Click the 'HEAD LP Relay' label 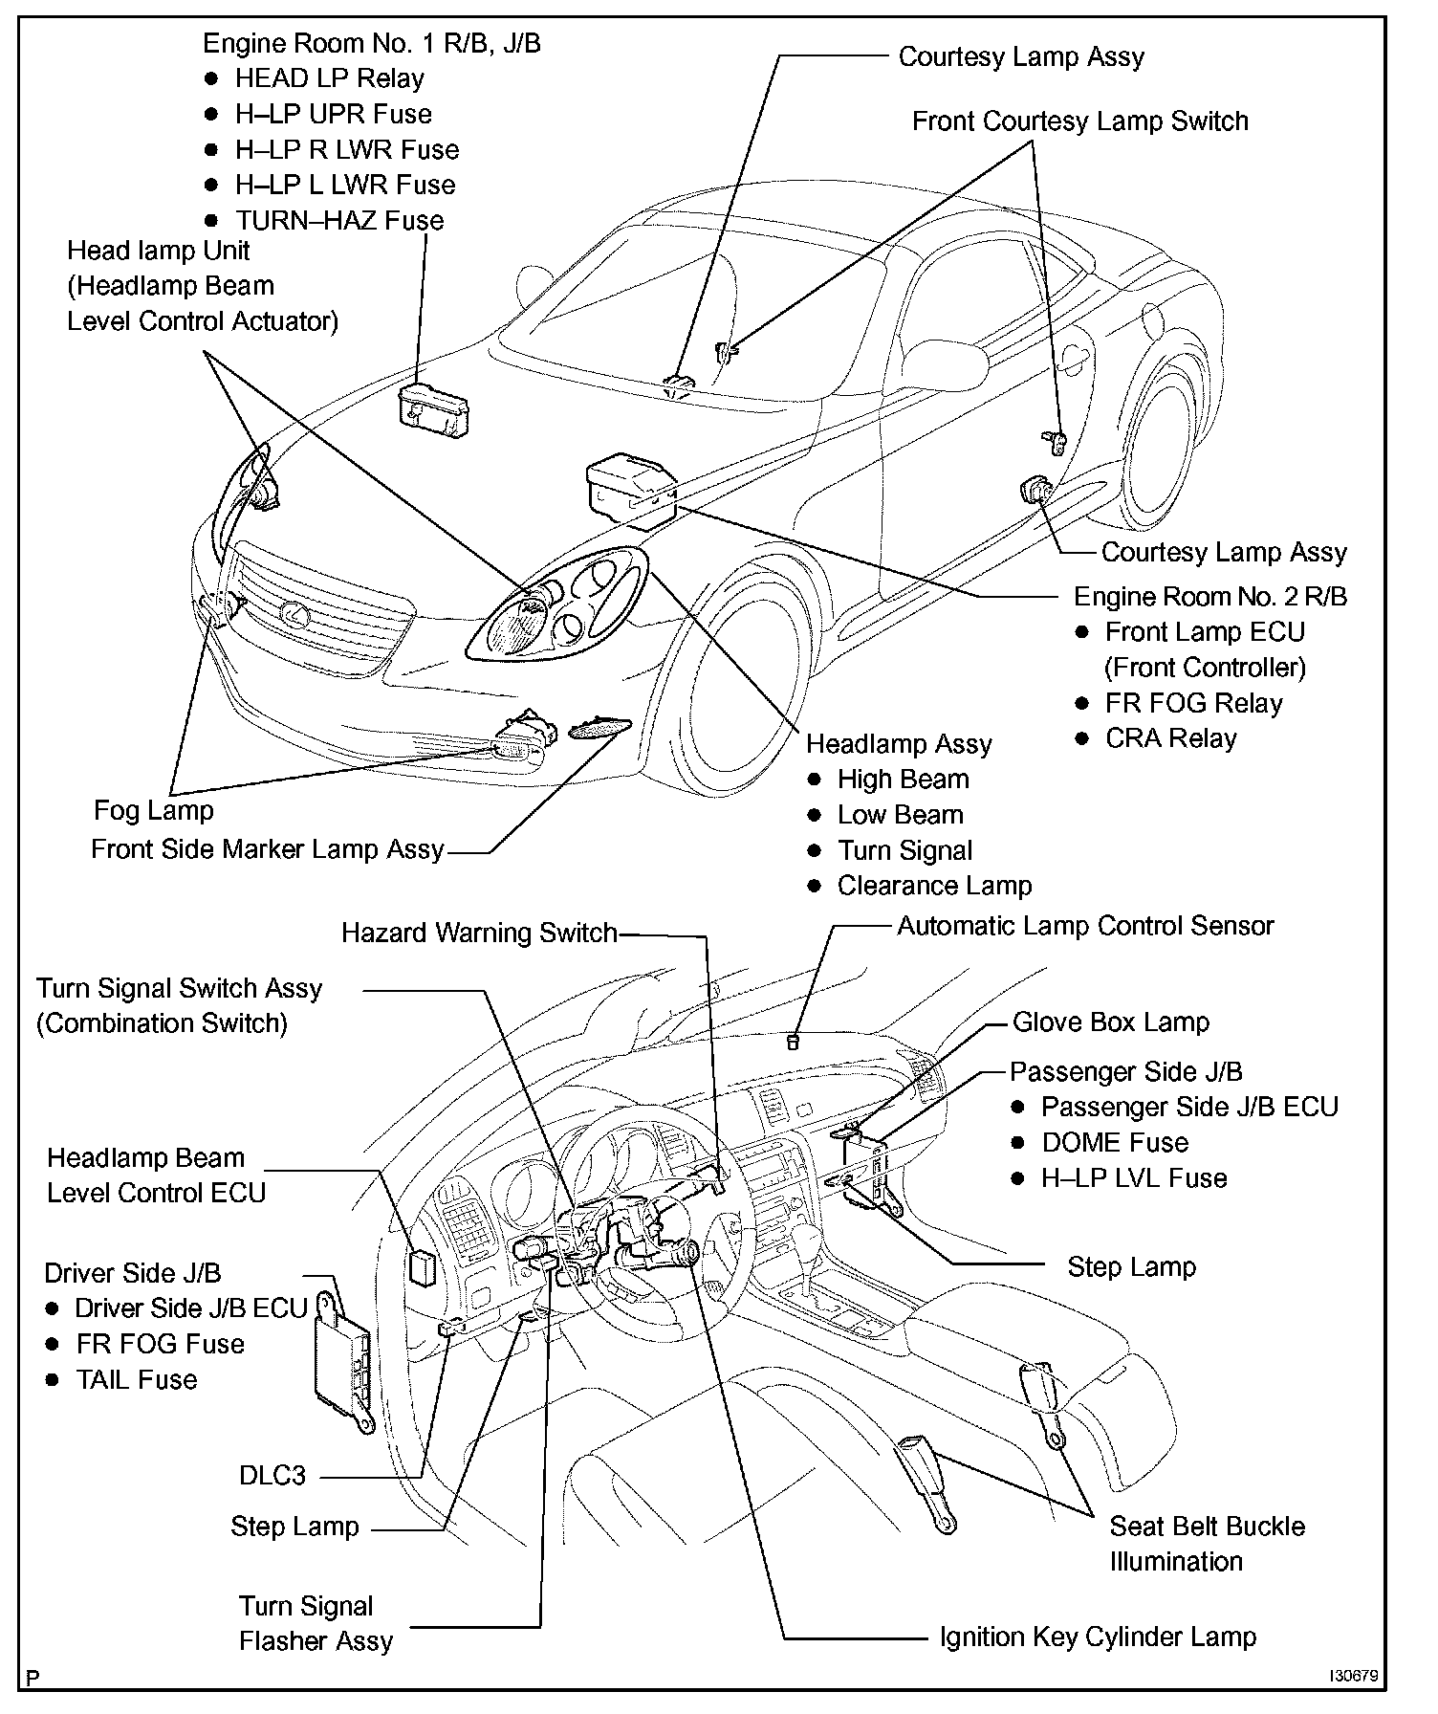tap(329, 78)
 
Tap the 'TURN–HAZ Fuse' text tap(339, 220)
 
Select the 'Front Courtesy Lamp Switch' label tap(1079, 121)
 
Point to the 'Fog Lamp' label tap(154, 810)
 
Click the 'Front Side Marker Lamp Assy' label tap(268, 849)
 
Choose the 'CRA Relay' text tap(1170, 738)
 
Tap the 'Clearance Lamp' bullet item tap(934, 886)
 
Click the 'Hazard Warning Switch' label tap(479, 933)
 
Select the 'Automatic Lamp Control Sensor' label tap(1085, 926)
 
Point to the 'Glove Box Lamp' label tap(1110, 1022)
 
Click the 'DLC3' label tap(272, 1475)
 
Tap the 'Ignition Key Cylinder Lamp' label tap(1098, 1637)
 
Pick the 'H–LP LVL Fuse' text tap(1133, 1177)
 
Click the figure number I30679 tap(1353, 1677)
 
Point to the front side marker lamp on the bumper tap(599, 729)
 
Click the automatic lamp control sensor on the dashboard tap(792, 1042)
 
